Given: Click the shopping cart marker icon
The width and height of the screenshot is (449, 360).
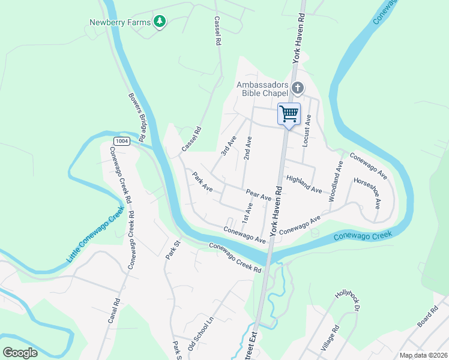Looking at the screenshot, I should [289, 113].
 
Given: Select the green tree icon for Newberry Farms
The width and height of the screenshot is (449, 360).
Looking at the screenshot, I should [159, 22].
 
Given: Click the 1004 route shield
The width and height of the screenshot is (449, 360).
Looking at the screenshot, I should [121, 141].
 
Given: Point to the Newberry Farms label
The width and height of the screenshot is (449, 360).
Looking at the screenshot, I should [119, 23].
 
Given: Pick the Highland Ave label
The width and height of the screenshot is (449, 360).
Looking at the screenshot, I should [304, 184].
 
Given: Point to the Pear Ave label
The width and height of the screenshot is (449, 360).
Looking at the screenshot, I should [259, 194].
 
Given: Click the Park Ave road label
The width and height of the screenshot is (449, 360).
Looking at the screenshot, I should [202, 182].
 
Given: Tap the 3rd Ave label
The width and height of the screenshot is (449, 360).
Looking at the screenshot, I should [229, 146].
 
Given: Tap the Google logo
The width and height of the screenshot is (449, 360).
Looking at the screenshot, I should [20, 352].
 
